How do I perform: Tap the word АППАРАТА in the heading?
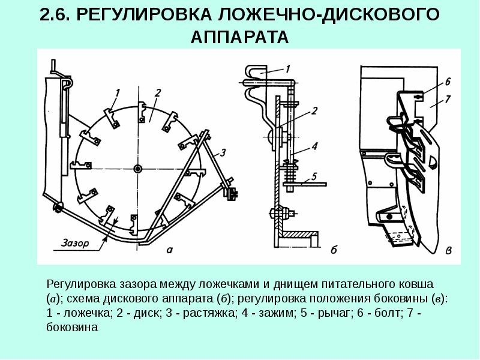pos(240,37)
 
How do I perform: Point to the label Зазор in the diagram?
pos(74,244)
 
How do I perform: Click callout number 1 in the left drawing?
pos(118,92)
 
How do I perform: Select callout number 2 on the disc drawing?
pos(157,92)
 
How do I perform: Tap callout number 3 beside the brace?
pos(223,154)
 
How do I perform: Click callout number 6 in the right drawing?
pos(447,80)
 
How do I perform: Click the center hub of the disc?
pos(138,167)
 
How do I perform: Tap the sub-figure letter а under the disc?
pos(170,250)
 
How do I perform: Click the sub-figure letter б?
pos(334,250)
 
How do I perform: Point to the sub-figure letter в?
pos(448,250)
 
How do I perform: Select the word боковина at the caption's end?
pos(71,328)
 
